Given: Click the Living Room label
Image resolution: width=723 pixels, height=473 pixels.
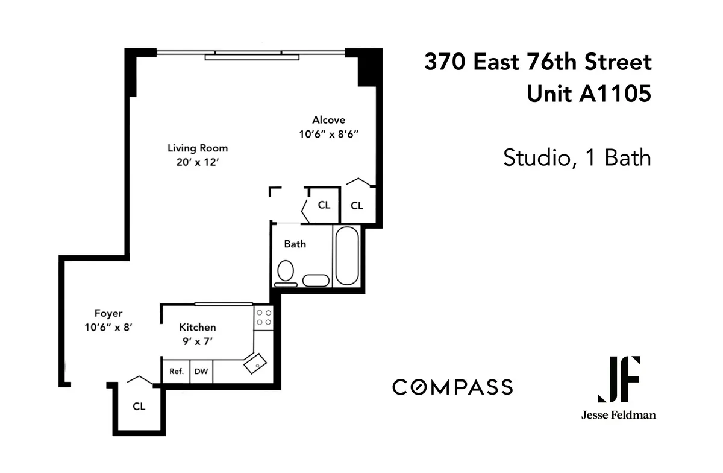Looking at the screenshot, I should pos(198,148).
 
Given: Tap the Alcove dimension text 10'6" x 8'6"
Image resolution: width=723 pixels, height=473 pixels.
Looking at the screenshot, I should pos(328,135).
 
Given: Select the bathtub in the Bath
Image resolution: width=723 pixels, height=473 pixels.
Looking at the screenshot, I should pos(346,256).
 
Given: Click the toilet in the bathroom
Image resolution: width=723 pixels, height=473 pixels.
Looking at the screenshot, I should pos(285,272).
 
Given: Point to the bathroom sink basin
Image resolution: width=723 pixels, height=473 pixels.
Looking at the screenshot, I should pos(316,280).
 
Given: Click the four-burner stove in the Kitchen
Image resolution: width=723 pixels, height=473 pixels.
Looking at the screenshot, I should pos(263,317).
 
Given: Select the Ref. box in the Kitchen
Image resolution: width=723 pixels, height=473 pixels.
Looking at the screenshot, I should pos(176,372).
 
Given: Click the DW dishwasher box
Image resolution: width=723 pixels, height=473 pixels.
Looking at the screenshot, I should pos(201,372).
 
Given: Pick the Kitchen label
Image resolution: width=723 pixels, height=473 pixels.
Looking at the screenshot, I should pos(198,328).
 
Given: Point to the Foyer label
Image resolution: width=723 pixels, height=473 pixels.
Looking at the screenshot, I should pos(108,314).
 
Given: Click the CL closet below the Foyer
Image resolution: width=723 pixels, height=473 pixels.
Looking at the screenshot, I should pos(139,407).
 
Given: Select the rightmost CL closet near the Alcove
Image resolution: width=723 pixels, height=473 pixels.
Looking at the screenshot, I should pos(357,206).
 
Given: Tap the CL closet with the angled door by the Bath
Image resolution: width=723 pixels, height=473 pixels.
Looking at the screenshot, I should pos(324,205).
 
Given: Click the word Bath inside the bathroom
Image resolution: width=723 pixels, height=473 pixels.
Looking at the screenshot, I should pos(295,244).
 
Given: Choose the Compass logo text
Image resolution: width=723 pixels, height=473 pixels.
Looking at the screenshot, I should pos(452,387).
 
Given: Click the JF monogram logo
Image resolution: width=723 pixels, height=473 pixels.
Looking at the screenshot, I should pos(618,379).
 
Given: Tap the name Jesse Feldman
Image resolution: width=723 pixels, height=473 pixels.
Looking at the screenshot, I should pos(618,415).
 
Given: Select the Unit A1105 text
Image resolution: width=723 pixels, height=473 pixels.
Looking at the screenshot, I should pos(589,94).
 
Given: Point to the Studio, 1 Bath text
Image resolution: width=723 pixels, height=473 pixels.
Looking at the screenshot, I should pos(577,158).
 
